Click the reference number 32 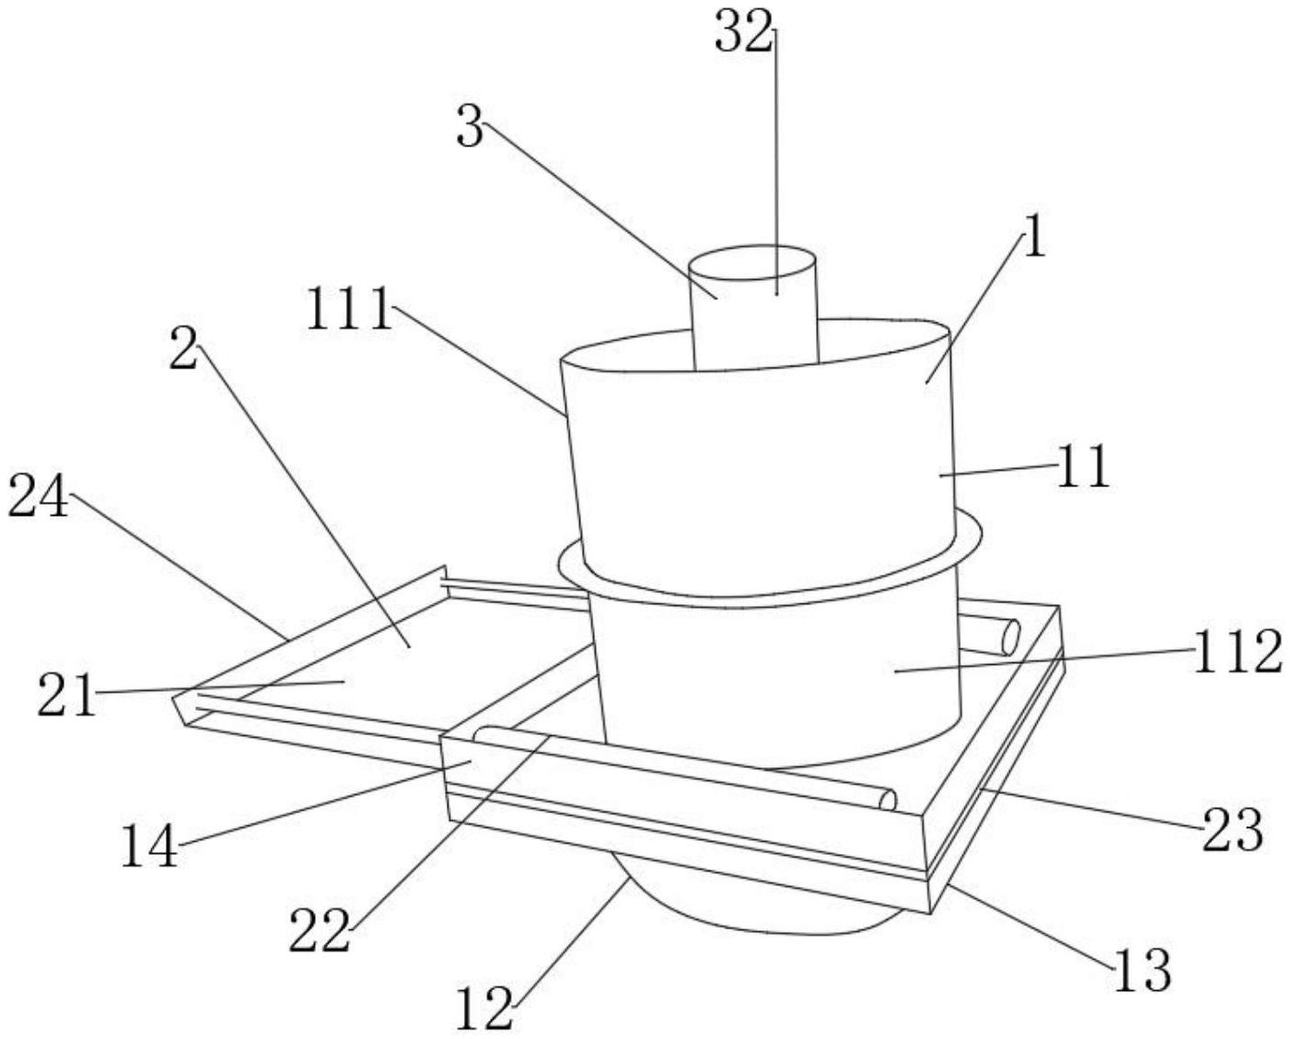(x=743, y=35)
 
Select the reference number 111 (x=349, y=309)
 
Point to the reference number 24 (x=39, y=500)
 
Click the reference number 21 (x=66, y=695)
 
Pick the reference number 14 (x=149, y=847)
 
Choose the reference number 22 (x=320, y=932)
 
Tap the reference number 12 (x=484, y=1010)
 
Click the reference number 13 (x=1143, y=970)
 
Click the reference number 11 (x=1084, y=467)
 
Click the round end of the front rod (x=888, y=800)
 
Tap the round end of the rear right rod (x=1010, y=637)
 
